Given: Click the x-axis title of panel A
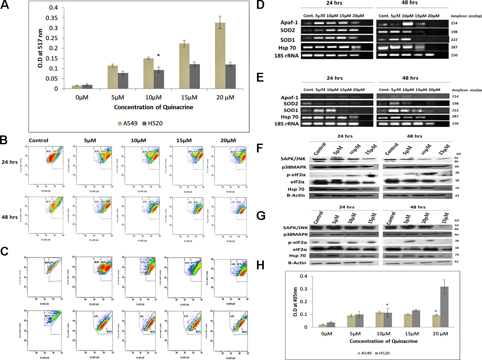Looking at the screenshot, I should coord(153,107).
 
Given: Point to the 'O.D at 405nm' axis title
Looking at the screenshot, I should coord(295,302).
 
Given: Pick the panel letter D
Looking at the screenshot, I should coord(260,5).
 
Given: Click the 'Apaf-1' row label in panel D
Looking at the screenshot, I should coord(289,23).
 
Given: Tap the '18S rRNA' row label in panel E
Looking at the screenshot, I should coord(286,124).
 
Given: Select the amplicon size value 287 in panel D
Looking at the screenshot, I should coord(454,47).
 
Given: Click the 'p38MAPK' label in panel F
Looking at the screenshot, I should coord(294,167).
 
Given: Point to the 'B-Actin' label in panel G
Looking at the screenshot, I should coord(297,263).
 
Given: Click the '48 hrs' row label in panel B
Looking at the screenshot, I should coord(10,217).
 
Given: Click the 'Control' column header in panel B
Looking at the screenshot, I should coord(38,141).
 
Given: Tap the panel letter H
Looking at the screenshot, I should coord(260,265).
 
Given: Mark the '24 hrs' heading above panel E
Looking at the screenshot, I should coord(335,78).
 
